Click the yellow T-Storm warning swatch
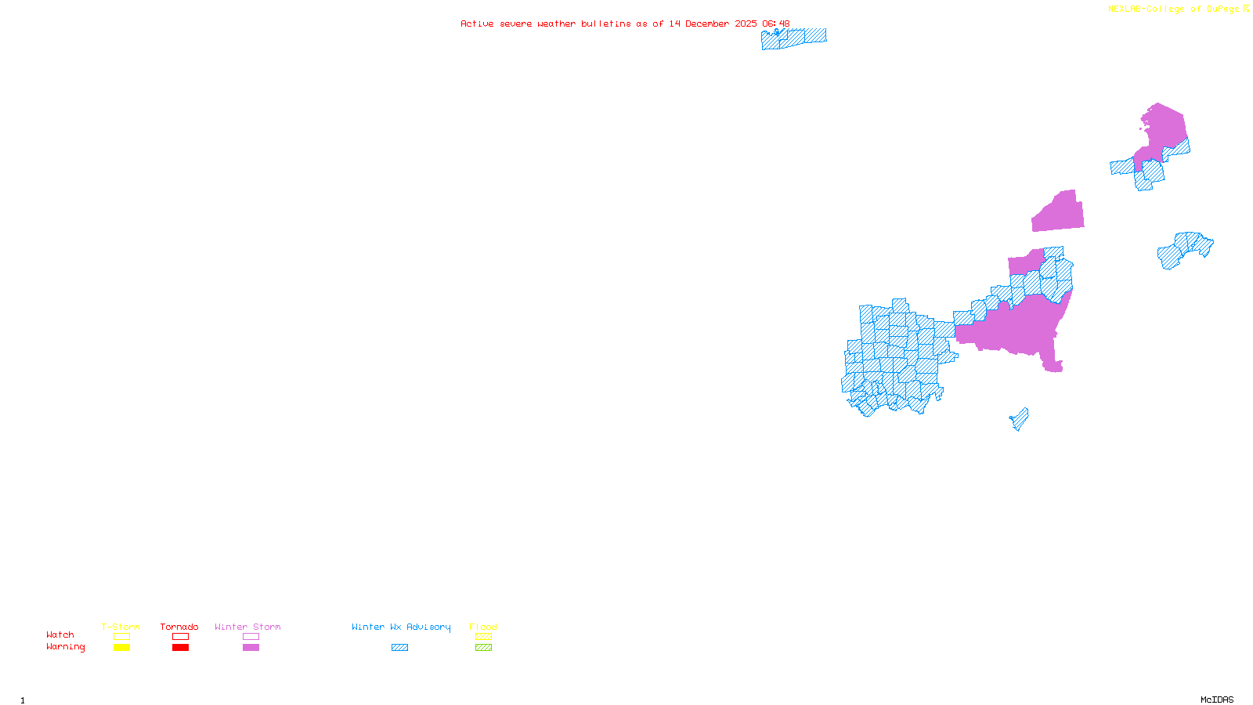(x=121, y=648)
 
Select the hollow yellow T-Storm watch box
(x=121, y=637)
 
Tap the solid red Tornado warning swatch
(x=180, y=648)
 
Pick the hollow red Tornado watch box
(x=180, y=637)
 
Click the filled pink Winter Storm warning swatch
(x=251, y=648)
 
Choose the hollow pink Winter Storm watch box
(x=251, y=637)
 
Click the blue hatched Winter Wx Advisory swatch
(x=399, y=648)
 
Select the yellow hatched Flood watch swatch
(x=483, y=637)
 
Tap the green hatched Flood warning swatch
(x=483, y=648)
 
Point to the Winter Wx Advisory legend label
(x=401, y=627)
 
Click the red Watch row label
(x=60, y=634)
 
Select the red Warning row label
(x=65, y=647)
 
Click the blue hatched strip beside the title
(x=793, y=38)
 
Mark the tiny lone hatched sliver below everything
(x=1020, y=419)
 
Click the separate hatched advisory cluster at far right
(x=1184, y=248)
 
